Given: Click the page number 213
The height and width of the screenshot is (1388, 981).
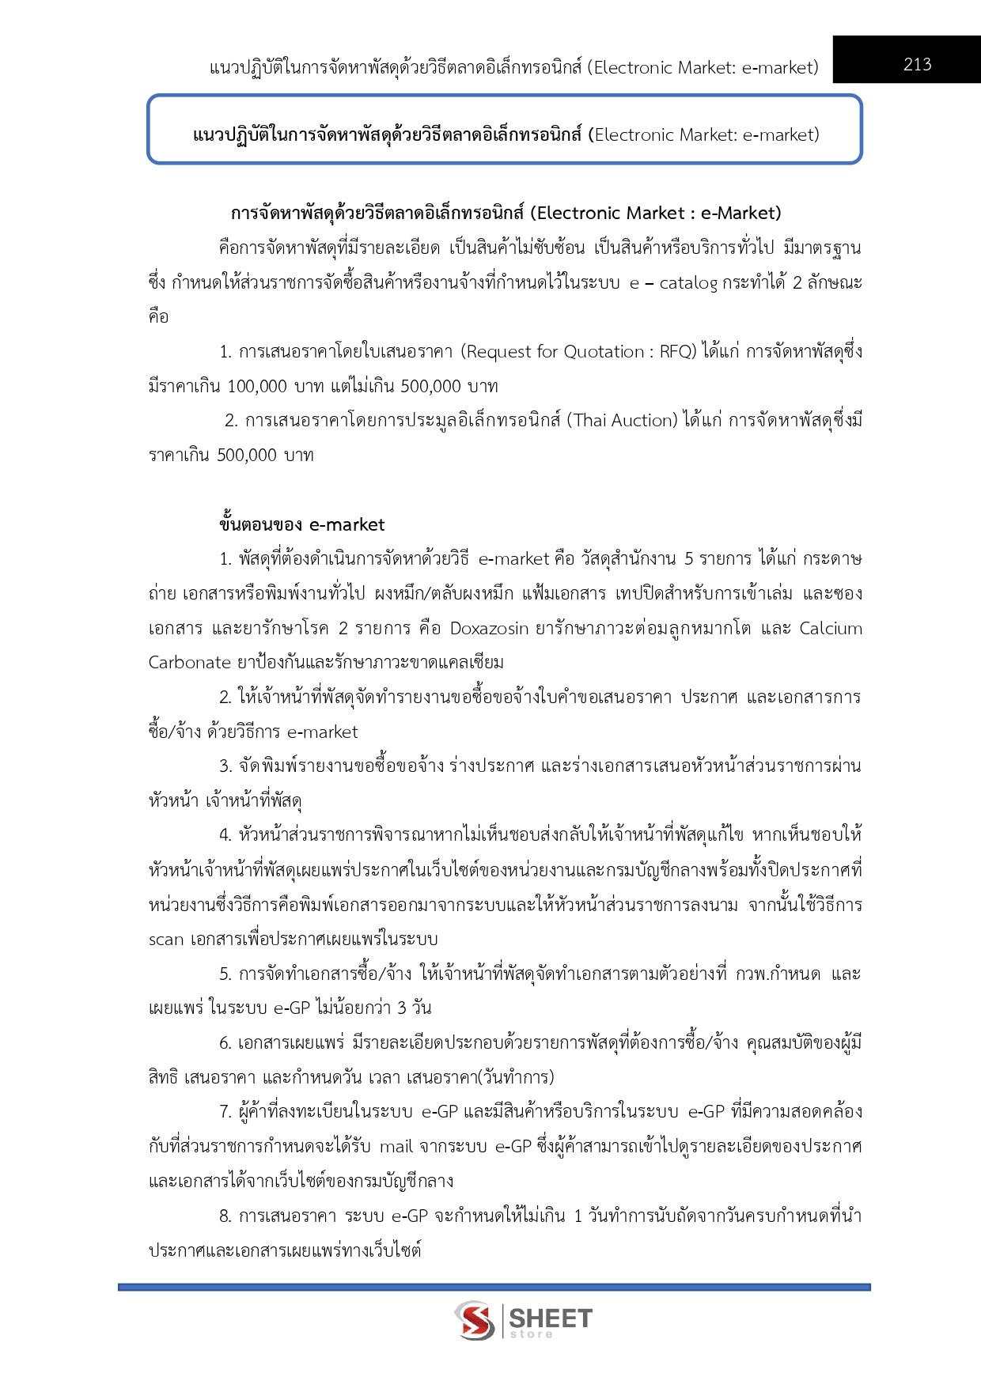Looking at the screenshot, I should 917,64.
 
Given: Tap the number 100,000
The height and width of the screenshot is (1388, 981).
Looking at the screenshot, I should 257,386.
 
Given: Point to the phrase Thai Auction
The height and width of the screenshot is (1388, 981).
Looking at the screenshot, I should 624,421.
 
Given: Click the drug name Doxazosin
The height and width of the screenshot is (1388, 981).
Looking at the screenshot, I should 489,628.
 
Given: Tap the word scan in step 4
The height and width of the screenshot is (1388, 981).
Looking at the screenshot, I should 165,940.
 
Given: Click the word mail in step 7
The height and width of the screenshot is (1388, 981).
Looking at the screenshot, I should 396,1147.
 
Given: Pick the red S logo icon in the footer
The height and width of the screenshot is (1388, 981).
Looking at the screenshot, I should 475,1321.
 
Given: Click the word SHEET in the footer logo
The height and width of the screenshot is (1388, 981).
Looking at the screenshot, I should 550,1318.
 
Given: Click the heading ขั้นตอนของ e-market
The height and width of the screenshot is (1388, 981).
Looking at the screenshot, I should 301,524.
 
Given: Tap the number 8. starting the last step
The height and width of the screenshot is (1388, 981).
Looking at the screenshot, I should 225,1216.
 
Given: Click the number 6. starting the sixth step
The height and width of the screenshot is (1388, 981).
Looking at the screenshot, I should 225,1043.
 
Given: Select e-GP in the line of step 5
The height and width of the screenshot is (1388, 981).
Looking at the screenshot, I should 291,1008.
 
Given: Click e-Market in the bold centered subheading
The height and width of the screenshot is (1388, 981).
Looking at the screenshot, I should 740,214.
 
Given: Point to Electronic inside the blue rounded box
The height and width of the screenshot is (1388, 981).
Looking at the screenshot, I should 632,135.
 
